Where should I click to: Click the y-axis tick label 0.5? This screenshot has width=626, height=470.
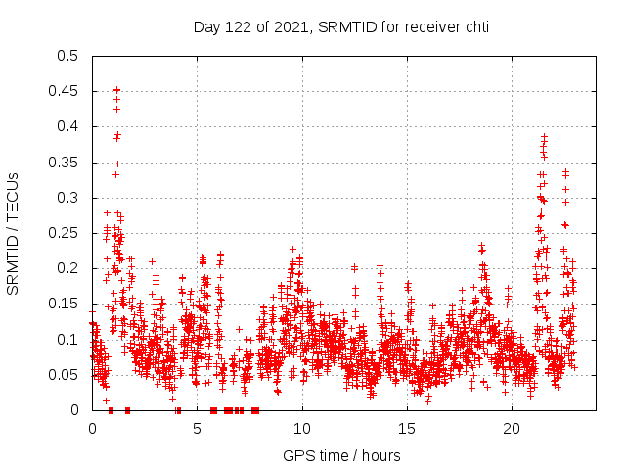coord(67,56)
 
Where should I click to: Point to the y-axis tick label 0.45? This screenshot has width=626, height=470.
coord(65,91)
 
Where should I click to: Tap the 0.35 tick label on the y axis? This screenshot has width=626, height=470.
coord(65,163)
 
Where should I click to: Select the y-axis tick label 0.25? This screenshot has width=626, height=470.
coord(65,233)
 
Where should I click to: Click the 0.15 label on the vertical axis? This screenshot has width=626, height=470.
coord(65,305)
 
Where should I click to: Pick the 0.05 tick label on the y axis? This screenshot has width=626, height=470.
coord(65,375)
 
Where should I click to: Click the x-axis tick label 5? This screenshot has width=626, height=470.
coord(197,429)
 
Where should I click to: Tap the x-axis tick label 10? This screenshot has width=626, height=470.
coord(302,429)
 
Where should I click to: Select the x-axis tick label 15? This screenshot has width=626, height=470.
coord(407,429)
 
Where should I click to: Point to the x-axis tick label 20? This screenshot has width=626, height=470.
coord(512,429)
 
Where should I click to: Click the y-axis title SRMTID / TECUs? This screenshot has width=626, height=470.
coord(14,233)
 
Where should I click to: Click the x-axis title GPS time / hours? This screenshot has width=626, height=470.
coord(341,455)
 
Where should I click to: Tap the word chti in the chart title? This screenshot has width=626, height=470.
coord(475,26)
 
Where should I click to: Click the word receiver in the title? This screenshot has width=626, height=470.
coord(429,26)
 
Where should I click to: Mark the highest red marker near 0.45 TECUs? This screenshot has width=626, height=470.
coord(116,90)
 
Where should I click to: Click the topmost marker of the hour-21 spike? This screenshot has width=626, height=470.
coord(545,136)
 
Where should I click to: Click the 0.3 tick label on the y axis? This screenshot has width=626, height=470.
coord(67,198)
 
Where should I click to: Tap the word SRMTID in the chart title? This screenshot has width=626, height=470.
coord(344,26)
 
